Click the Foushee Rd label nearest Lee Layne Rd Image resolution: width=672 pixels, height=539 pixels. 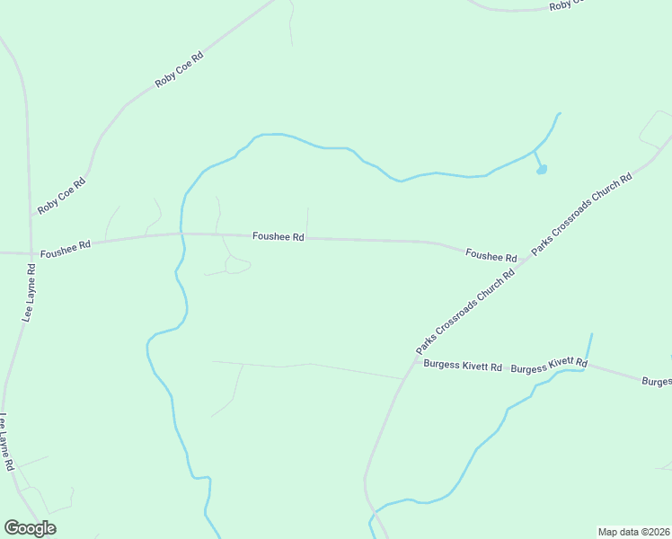pos(66,243)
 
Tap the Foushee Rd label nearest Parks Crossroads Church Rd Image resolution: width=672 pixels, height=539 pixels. pos(491,256)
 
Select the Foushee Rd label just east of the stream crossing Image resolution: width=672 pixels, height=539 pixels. pos(279,237)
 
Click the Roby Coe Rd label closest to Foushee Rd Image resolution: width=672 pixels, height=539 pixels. pos(61,196)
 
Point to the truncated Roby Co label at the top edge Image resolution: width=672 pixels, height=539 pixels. pos(567,4)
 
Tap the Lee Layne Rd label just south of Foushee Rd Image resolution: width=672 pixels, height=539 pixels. pos(28,293)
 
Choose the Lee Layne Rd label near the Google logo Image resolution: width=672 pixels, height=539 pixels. pos(7,442)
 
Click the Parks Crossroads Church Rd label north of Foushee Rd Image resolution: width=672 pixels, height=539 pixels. pos(582,213)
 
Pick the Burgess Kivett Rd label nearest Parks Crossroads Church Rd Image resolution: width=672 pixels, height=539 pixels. pos(463,367)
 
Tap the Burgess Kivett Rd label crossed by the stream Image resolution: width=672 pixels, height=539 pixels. pos(549,366)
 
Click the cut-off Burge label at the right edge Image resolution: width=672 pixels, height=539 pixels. pos(657,381)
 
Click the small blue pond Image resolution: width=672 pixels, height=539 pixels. pos(542,169)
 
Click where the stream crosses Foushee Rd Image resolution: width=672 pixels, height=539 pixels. pos(182,234)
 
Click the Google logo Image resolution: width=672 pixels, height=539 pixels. pos(30,528)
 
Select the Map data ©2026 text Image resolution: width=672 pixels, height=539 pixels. pos(634,532)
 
